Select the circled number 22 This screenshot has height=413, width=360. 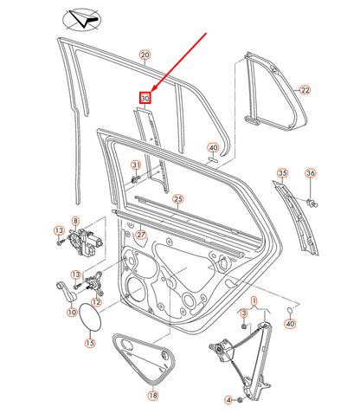[x=305, y=89]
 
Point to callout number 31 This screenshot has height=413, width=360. [x=136, y=165]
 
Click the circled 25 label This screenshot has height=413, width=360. [x=177, y=199]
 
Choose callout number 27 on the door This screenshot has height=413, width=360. [x=142, y=235]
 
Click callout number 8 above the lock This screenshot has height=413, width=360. [x=75, y=223]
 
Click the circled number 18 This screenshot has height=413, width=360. [x=152, y=396]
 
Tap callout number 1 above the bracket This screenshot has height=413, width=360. [x=254, y=300]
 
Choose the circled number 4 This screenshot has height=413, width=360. [x=228, y=400]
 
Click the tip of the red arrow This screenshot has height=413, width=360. [x=152, y=92]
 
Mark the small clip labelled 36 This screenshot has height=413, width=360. [x=312, y=203]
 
